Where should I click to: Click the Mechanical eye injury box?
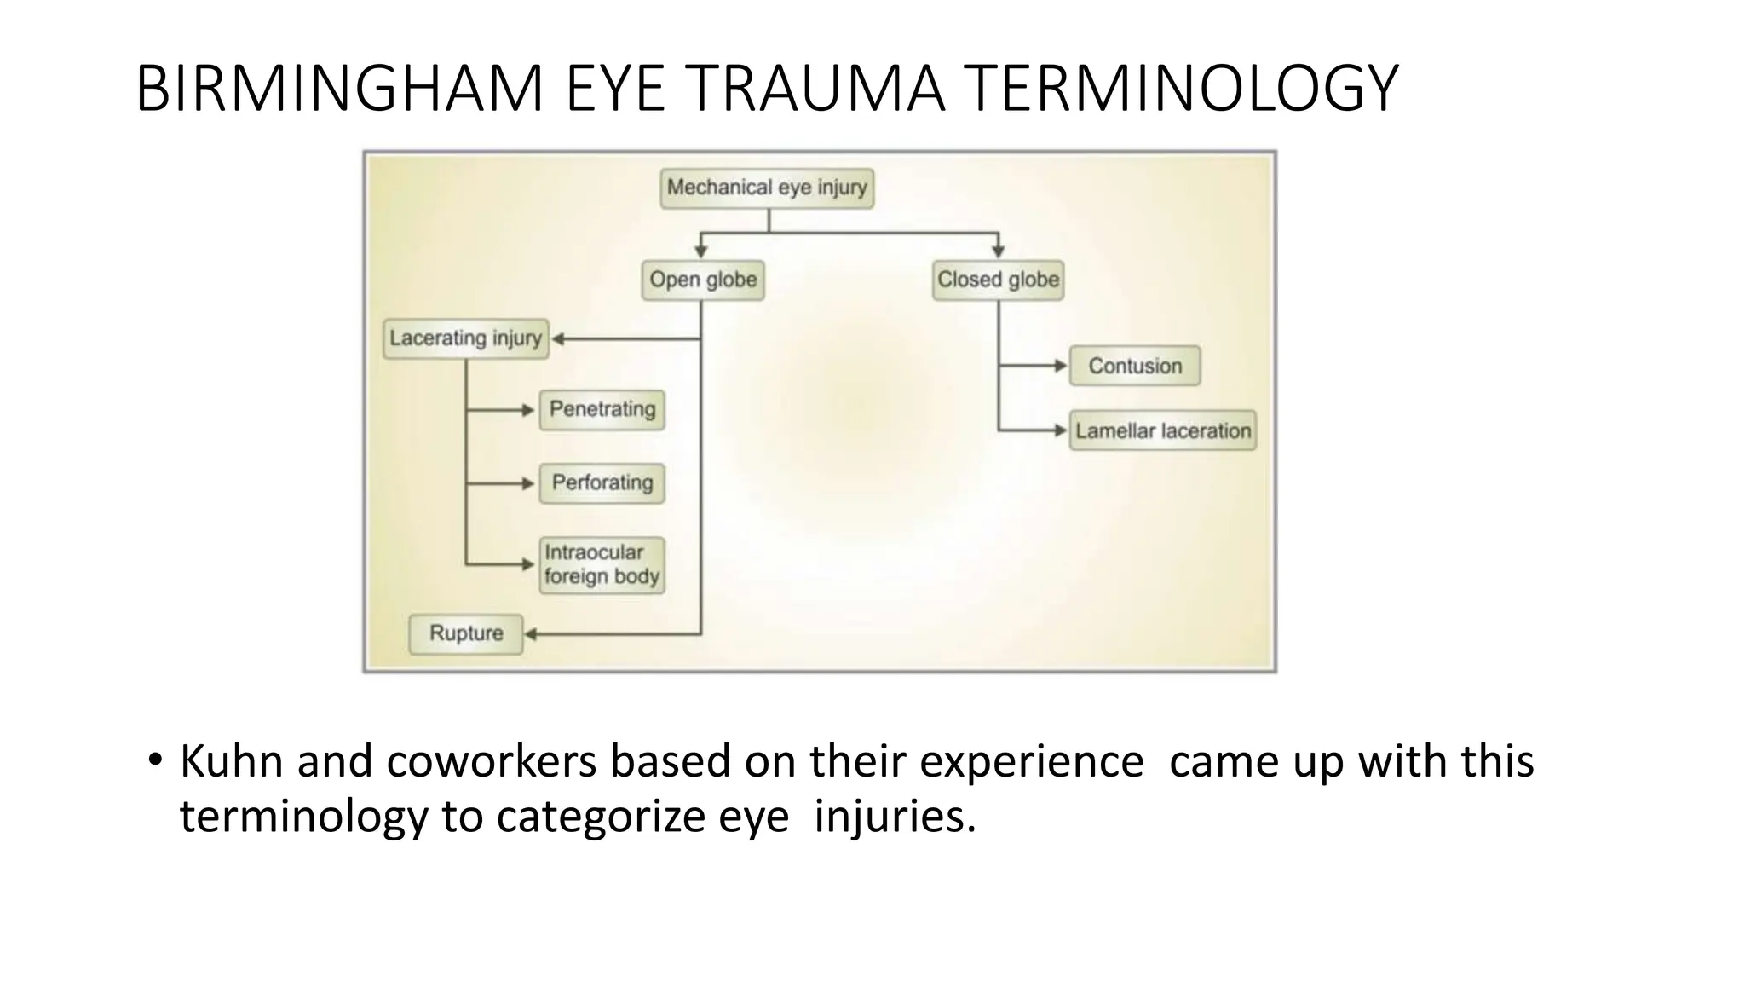coord(767,188)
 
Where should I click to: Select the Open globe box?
coord(703,280)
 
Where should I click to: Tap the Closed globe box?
coord(998,280)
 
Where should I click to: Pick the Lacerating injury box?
coord(465,339)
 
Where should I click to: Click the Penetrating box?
coord(602,410)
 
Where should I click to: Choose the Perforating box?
coord(602,483)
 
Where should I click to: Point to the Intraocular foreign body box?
coord(602,564)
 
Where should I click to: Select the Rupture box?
coord(465,634)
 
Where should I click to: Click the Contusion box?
coord(1135,367)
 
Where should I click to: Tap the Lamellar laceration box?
coord(1163,431)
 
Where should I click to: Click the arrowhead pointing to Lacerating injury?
coord(558,339)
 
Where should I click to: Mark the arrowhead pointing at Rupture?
coord(530,634)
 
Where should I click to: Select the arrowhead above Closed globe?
coord(998,251)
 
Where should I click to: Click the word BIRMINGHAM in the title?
coord(339,89)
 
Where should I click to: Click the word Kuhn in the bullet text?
coord(231,761)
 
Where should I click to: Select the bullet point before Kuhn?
coord(154,760)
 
